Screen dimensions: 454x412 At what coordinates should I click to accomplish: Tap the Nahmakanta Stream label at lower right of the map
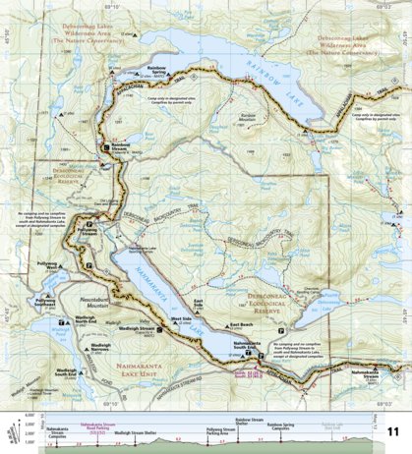372,373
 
